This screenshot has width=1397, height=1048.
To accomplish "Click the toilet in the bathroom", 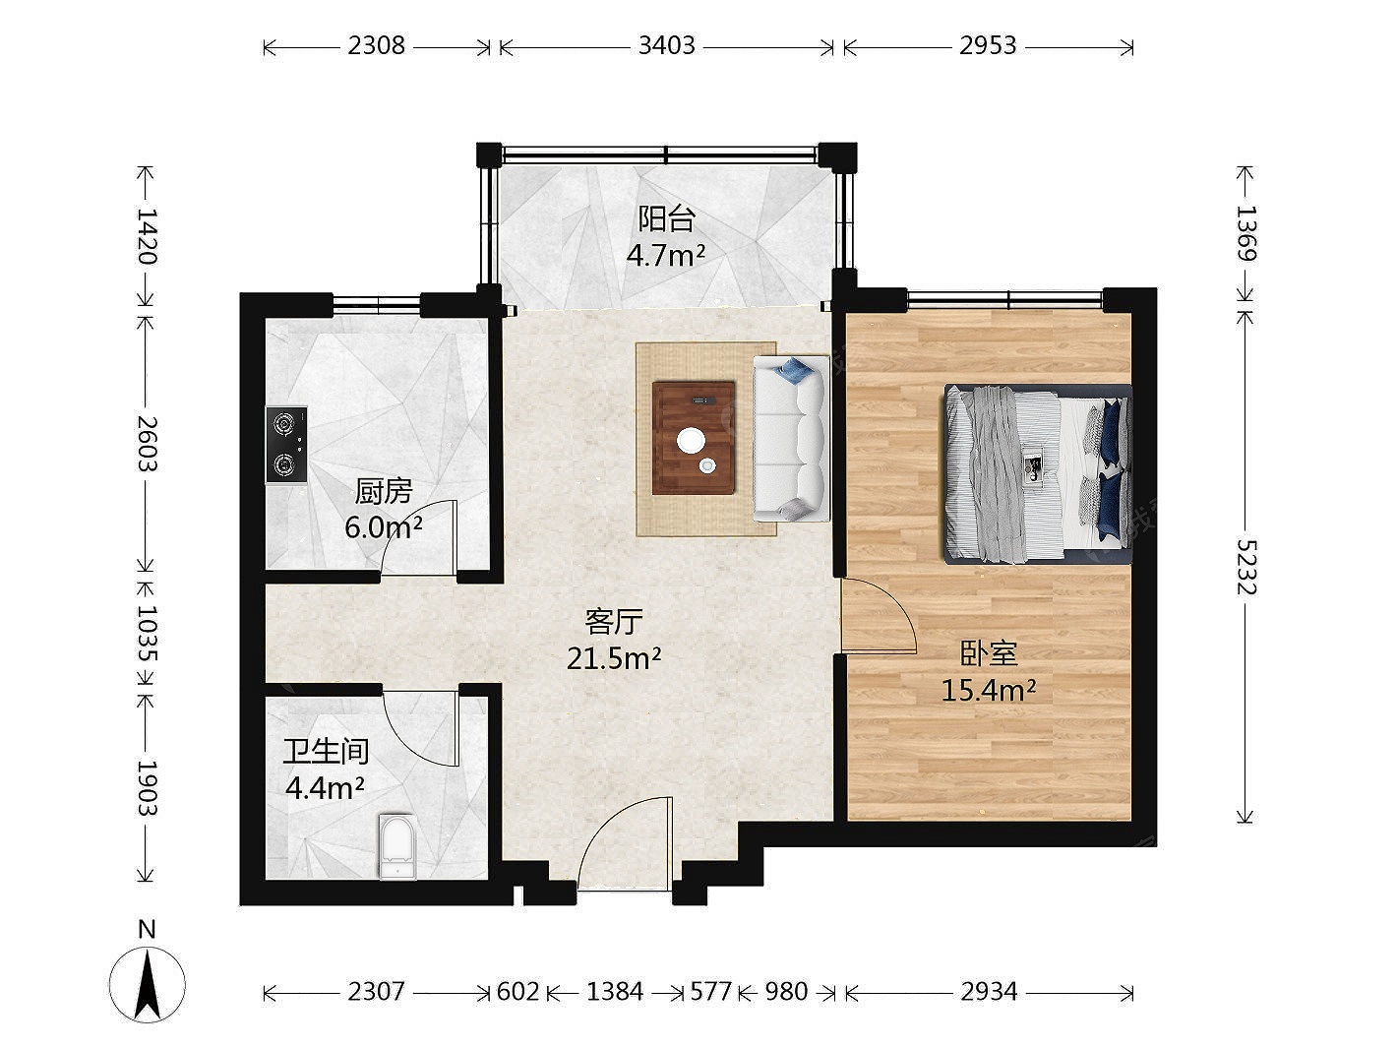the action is pyautogui.click(x=397, y=847).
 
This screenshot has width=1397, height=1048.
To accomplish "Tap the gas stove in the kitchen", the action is pyautogui.click(x=286, y=446).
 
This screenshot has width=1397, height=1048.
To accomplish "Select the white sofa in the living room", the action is pyautogui.click(x=791, y=439).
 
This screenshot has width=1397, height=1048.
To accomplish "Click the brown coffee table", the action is pyautogui.click(x=694, y=437).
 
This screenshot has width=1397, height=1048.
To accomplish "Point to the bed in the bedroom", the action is pyautogui.click(x=1038, y=474).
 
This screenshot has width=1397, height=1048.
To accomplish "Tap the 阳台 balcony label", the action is pyautogui.click(x=666, y=218).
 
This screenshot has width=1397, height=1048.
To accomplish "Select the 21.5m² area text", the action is pyautogui.click(x=614, y=659).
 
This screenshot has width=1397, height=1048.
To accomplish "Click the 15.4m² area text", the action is pyautogui.click(x=989, y=690).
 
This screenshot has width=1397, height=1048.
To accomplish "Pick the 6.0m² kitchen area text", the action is pyautogui.click(x=384, y=526).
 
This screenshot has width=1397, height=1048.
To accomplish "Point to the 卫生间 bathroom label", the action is pyautogui.click(x=326, y=752).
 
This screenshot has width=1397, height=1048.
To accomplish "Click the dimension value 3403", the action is pyautogui.click(x=667, y=46).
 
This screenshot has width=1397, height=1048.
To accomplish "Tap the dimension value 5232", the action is pyautogui.click(x=1246, y=568).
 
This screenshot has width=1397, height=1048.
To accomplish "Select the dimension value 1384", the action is pyautogui.click(x=615, y=991).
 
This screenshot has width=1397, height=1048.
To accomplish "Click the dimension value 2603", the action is pyautogui.click(x=148, y=444).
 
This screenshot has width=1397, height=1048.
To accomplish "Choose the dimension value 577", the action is pyautogui.click(x=711, y=991).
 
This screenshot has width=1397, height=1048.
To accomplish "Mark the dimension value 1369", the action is pyautogui.click(x=1246, y=233).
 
